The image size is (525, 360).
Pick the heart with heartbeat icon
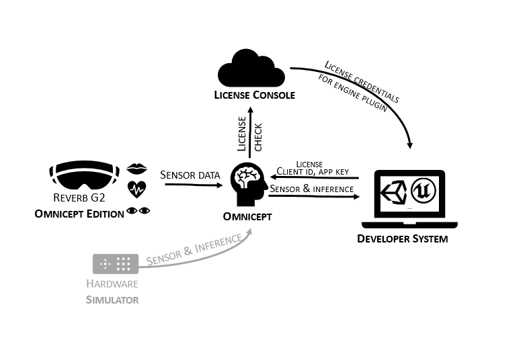(x=136, y=189)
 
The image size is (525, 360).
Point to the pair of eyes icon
(x=139, y=211)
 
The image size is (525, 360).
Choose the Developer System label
(x=402, y=238)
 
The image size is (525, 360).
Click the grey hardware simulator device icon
(x=115, y=263)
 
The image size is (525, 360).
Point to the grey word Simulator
(x=112, y=300)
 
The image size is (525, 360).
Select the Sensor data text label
(x=190, y=175)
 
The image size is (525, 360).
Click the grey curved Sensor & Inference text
(x=194, y=251)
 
